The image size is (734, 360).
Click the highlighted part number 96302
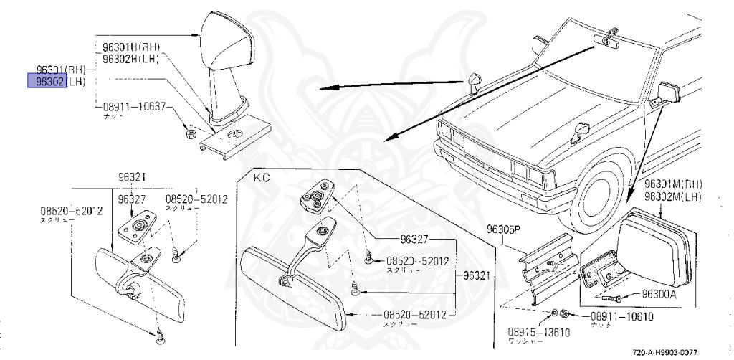[46, 81]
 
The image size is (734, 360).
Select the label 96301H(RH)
[131, 48]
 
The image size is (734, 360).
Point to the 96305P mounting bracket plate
[548, 265]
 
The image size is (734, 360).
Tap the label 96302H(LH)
[130, 58]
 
